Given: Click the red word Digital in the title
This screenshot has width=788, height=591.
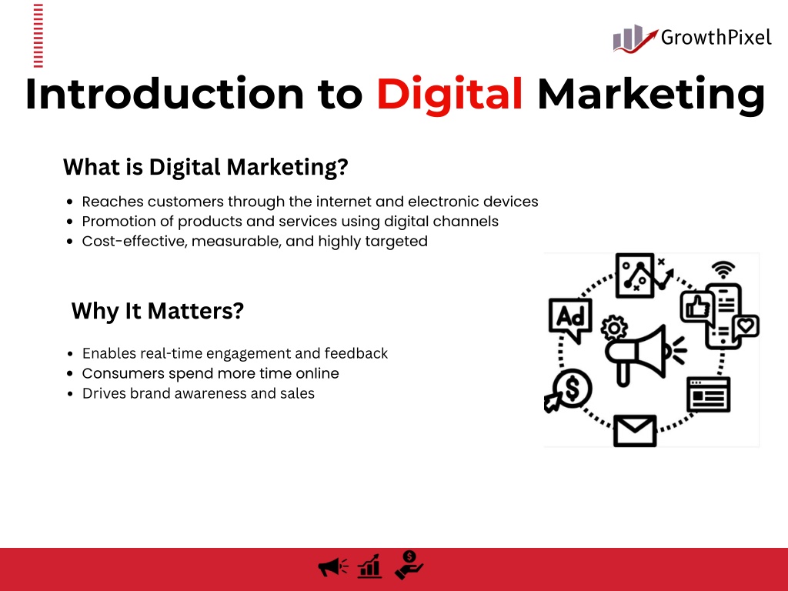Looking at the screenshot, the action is click(449, 95).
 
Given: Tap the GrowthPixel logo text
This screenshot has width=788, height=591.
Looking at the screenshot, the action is click(716, 38).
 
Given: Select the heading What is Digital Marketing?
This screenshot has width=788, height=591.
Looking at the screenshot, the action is click(205, 167).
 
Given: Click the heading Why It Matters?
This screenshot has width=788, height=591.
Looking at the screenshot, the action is click(157, 311).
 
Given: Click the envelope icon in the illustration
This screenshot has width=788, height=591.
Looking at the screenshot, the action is click(635, 431).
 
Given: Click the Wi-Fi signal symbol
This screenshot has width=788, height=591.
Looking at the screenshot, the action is click(723, 270).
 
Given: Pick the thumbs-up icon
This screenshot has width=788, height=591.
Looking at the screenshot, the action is click(697, 307).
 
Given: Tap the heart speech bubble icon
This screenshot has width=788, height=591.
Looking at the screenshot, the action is click(746, 327).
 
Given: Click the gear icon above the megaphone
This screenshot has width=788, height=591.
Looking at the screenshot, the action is click(614, 328).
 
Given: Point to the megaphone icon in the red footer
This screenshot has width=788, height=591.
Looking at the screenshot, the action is click(333, 567).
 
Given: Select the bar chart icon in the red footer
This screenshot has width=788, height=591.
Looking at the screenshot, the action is click(370, 566).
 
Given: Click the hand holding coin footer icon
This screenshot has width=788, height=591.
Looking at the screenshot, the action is click(409, 566).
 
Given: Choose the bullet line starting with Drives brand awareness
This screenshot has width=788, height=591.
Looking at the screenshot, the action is click(199, 393).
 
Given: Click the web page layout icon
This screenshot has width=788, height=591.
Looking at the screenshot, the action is click(709, 395).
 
